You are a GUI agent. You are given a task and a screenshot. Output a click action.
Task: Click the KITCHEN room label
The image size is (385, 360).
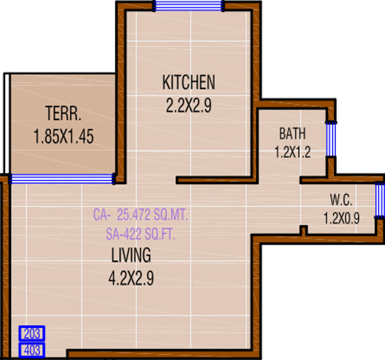pyautogui.click(x=188, y=83)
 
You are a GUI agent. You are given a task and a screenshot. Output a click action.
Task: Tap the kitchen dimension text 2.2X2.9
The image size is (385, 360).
pyautogui.click(x=189, y=106)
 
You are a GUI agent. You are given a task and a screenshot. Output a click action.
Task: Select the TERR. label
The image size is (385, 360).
pyautogui.click(x=63, y=115)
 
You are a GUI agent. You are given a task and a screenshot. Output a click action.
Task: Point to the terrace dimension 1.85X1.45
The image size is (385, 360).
pyautogui.click(x=64, y=137)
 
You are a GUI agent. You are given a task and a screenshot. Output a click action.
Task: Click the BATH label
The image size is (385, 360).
pyautogui.click(x=292, y=134)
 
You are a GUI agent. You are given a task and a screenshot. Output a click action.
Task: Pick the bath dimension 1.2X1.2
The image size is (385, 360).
pyautogui.click(x=292, y=153)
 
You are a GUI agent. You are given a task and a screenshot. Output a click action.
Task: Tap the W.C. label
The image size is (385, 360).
pyautogui.click(x=341, y=198)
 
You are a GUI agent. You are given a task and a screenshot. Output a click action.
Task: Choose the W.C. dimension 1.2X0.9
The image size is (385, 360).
pyautogui.click(x=341, y=218)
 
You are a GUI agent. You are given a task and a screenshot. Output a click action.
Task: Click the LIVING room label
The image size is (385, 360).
pyautogui.click(x=131, y=255)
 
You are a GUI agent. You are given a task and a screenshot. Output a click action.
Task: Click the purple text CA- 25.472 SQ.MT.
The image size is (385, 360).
pyautogui.click(x=141, y=214)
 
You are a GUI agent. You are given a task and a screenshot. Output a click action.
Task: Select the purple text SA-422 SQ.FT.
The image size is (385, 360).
pyautogui.click(x=139, y=234)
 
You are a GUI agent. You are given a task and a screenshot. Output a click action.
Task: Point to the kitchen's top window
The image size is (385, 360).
pyautogui.click(x=189, y=6)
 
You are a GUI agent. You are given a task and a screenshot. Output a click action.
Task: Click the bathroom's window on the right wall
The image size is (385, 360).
pyautogui.click(x=330, y=140)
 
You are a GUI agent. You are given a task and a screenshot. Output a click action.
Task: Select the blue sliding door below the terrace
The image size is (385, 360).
pyautogui.click(x=62, y=178)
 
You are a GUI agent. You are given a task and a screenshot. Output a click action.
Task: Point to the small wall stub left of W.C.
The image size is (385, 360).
pyautogui.click(x=305, y=230)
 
